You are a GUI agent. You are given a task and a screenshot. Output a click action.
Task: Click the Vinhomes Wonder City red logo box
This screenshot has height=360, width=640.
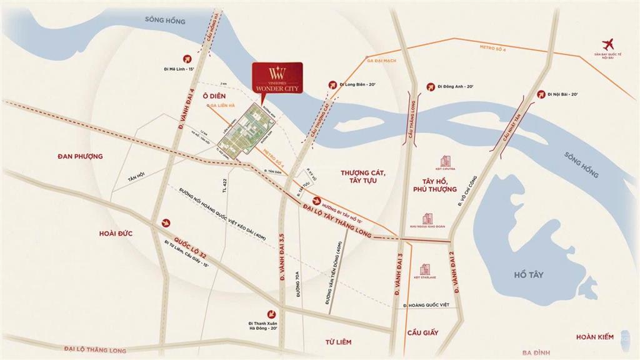pyautogui.click(x=276, y=79)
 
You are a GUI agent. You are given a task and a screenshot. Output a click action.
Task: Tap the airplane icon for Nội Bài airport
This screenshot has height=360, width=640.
pyautogui.click(x=607, y=44)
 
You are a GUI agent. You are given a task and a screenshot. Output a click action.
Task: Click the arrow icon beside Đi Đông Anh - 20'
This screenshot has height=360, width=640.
pyautogui.click(x=429, y=86)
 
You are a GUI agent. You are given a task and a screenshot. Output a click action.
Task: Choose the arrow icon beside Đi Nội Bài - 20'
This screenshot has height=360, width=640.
pyautogui.click(x=540, y=94)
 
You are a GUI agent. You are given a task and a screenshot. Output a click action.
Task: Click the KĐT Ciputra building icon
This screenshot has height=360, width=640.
pyautogui.click(x=446, y=161)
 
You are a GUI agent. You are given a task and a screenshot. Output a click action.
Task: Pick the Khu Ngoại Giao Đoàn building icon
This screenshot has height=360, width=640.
pyautogui.click(x=427, y=219)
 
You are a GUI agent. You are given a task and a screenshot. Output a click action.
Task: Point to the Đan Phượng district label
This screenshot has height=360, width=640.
pyautogui.click(x=77, y=156)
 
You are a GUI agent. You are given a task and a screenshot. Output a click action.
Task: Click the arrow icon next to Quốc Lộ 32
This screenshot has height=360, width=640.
pyautogui.click(x=166, y=222)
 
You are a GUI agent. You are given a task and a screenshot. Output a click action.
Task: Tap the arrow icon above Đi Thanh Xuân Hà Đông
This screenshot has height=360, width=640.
pyautogui.click(x=271, y=313)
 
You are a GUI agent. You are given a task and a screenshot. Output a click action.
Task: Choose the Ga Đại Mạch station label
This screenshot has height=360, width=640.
pyautogui.click(x=381, y=61)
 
